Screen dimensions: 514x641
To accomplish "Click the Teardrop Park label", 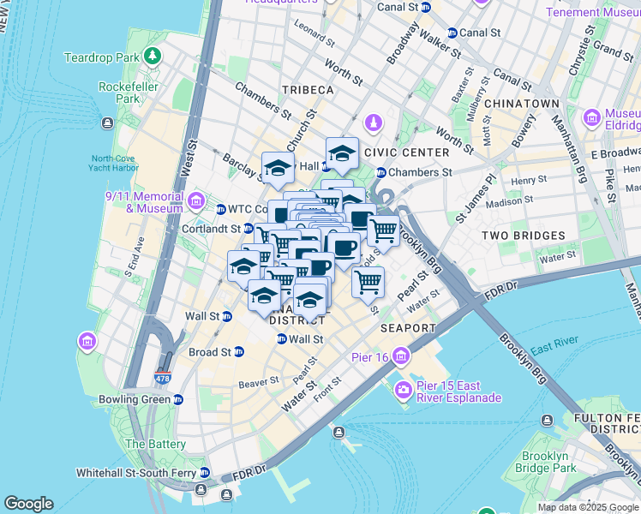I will pos(101,57).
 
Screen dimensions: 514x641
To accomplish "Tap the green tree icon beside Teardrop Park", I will pos(153,57).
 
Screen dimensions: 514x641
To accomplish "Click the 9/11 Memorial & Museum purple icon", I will pos(196,202).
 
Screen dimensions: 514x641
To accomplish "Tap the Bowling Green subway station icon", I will pos(177,399).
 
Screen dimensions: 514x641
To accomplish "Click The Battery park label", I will pos(155,444).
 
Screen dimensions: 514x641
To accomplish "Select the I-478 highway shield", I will pos(163,377).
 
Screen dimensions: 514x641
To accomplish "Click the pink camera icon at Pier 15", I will pos(403,391).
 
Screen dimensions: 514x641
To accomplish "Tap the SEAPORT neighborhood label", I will pos(409,328).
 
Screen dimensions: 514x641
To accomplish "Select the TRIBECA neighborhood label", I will pos(306,90).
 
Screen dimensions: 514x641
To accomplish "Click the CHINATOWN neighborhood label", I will pos(522,103).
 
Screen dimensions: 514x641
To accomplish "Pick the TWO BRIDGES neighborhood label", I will pos(523,235).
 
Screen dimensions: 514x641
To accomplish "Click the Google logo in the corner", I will pos(28,504).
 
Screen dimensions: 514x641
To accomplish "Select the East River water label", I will pos(552,349).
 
